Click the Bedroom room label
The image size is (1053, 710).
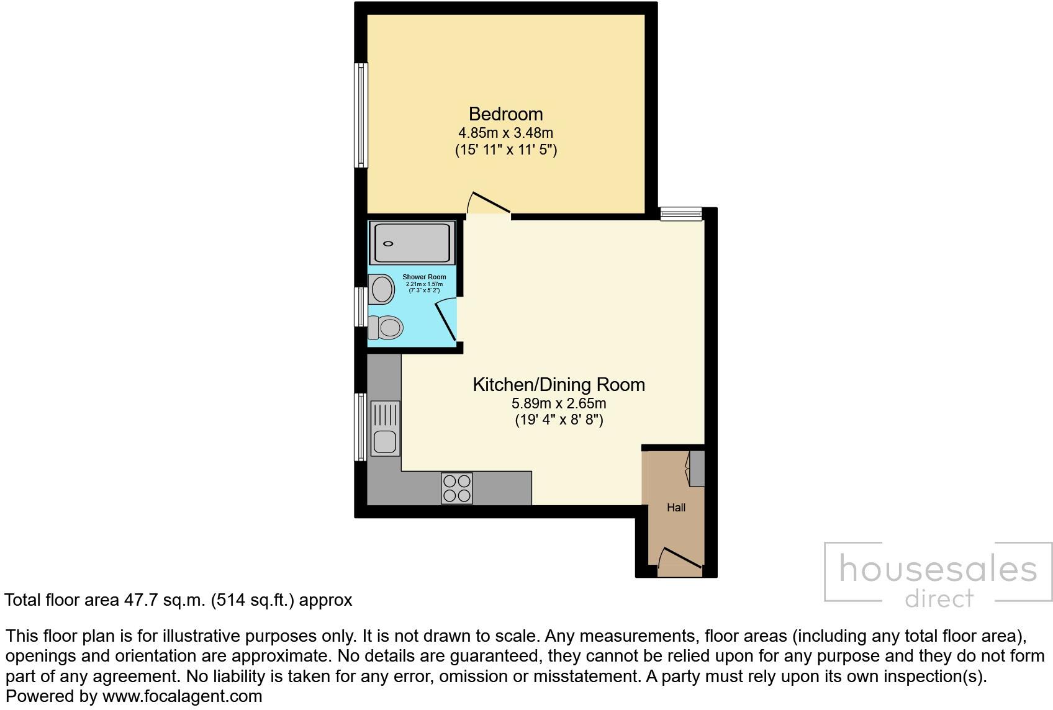pos(505,114)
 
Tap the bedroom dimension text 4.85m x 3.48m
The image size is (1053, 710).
pos(505,133)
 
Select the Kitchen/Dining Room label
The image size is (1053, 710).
pos(559,385)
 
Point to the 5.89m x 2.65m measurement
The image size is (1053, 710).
pos(559,403)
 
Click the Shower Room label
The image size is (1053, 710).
pos(424,277)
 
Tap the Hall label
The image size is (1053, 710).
pos(676,508)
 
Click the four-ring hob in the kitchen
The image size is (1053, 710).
pos(457,488)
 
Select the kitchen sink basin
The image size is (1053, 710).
pos(385,441)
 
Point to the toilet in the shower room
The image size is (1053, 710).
pos(386,327)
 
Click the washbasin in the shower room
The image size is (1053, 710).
pos(381,289)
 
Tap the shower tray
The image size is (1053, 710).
pos(411,243)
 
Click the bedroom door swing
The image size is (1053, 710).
pos(487,203)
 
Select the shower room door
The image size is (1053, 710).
pos(446,320)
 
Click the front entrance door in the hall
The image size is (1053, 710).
pos(679,559)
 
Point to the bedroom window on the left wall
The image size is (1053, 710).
pos(361,115)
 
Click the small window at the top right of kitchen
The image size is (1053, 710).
pos(680,214)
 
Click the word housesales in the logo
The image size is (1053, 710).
pos(938,569)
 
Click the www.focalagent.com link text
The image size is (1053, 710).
pos(182,696)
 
